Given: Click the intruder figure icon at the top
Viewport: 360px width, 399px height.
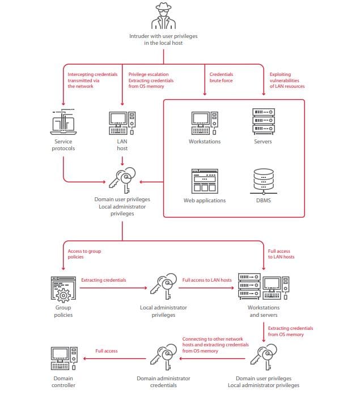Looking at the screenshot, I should tap(163, 15).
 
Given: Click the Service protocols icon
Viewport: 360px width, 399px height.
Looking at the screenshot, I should tap(63, 122).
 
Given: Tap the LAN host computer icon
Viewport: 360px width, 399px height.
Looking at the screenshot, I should tap(122, 122).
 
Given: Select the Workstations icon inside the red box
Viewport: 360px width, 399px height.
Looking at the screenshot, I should tap(205, 122).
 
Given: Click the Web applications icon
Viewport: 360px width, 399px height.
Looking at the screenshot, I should tap(204, 181).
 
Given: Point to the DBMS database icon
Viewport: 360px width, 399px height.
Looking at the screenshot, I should tap(262, 181).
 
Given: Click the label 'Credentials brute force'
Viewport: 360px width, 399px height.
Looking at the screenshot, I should tap(221, 78).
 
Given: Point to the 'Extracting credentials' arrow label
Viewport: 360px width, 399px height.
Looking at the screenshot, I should tap(104, 280).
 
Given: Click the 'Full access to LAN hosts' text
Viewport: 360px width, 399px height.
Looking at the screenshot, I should tap(207, 280).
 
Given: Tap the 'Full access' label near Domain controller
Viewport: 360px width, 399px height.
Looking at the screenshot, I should tap(107, 351).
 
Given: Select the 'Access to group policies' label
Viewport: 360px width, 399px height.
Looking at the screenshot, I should tap(84, 254).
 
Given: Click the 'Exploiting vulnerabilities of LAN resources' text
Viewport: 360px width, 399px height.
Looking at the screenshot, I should tap(287, 80).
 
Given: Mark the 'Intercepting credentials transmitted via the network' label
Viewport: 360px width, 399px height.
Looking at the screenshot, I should tap(92, 80).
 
